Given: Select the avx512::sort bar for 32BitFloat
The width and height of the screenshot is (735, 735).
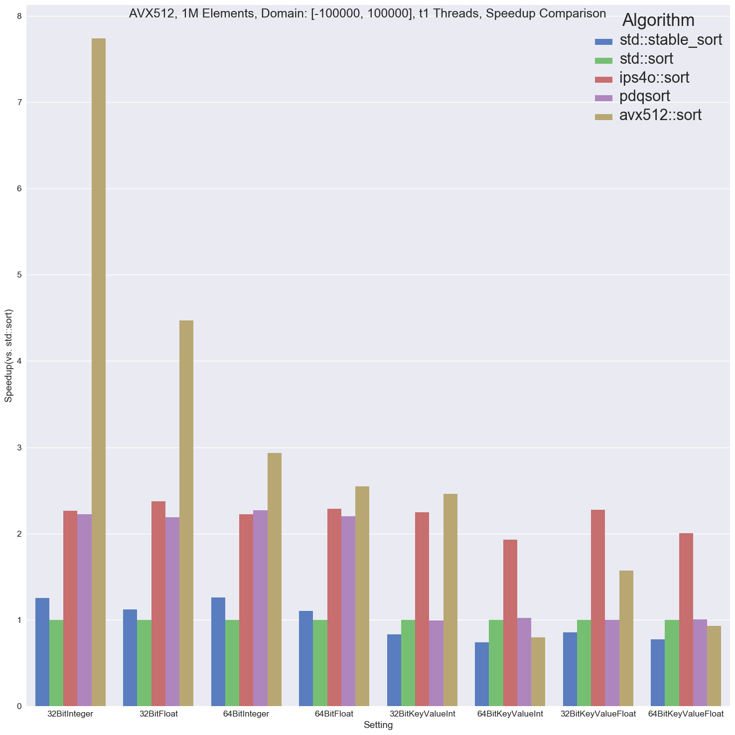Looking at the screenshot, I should point(186,513).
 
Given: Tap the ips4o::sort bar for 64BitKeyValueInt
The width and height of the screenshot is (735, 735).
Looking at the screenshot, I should point(510,623).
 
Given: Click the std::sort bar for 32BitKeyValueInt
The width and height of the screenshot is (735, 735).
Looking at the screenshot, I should point(408,663).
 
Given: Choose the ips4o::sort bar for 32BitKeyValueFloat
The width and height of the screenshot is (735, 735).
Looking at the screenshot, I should point(598,608).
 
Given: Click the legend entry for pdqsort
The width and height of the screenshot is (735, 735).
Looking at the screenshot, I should point(645,96).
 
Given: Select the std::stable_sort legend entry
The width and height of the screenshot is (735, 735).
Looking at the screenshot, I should point(671,40).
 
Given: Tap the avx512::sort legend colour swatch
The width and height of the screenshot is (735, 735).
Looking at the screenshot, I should point(603,116).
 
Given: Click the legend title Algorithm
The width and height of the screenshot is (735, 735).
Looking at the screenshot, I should point(658,20).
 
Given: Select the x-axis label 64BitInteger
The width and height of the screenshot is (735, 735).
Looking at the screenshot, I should point(246,714).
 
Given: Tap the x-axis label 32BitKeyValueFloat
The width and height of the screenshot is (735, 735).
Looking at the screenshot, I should point(598,714).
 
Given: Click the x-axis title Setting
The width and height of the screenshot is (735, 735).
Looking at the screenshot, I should point(378,725).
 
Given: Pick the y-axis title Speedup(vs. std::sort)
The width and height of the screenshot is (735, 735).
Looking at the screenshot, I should point(8,356).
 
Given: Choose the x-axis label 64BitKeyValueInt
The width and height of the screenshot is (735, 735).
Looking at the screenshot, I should point(510,714).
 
